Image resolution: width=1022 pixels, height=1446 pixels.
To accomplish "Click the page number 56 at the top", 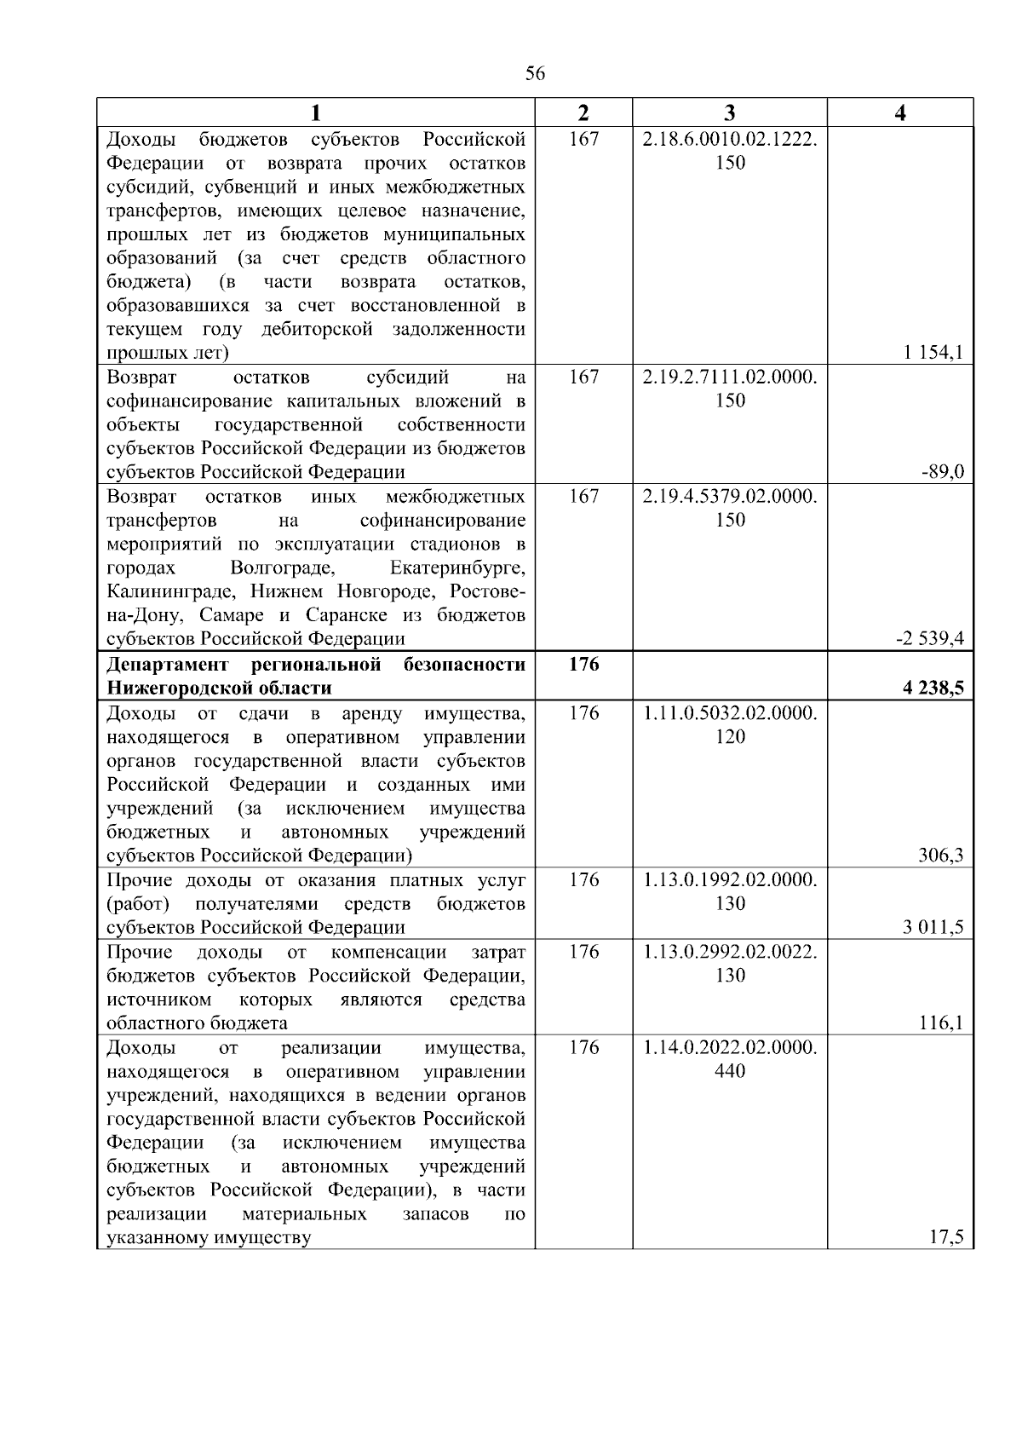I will click(535, 74).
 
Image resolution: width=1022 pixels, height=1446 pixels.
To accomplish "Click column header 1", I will click(315, 113).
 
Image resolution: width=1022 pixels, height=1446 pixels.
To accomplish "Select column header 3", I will click(729, 113).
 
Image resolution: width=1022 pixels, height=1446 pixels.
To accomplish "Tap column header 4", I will click(900, 113).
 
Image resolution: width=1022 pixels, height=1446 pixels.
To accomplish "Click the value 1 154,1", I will click(933, 353).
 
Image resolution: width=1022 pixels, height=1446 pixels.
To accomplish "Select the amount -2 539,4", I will click(929, 639).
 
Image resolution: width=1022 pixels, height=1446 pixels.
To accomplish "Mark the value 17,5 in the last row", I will click(946, 1238).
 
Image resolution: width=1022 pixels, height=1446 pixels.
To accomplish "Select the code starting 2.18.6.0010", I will click(730, 139).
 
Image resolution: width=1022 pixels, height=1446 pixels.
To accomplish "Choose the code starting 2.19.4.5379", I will click(730, 496).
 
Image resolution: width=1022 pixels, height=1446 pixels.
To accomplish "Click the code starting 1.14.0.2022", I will click(730, 1047).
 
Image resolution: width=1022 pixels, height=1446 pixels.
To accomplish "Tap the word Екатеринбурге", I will click(457, 567).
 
